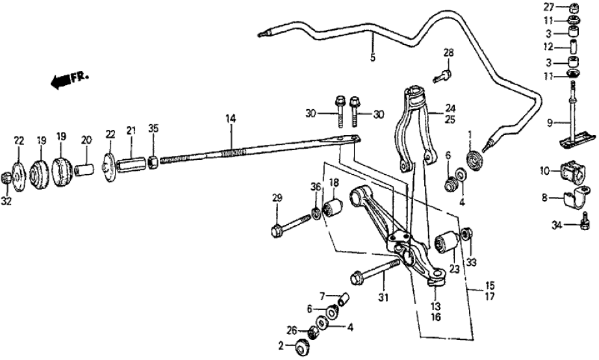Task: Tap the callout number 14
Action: click(231, 119)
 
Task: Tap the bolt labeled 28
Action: click(441, 74)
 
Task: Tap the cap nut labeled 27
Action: click(574, 8)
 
